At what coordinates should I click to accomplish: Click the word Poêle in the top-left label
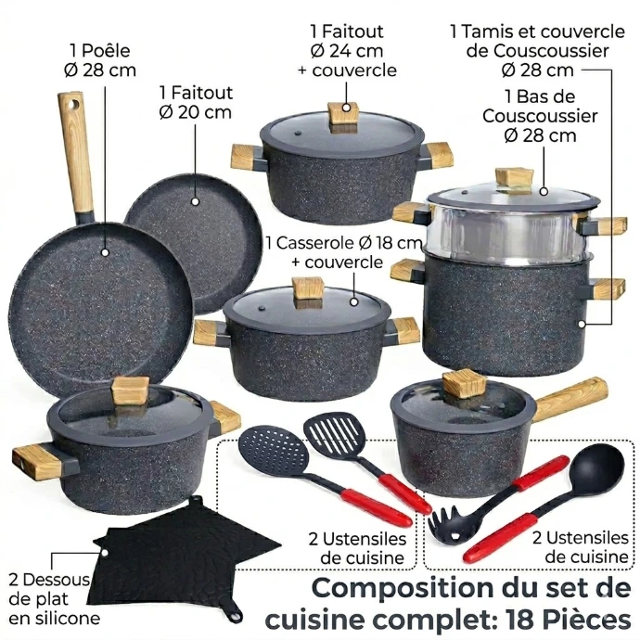pos(106,51)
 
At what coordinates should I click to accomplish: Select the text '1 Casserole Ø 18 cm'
pos(343,243)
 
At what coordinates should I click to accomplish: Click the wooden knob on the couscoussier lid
pos(514,178)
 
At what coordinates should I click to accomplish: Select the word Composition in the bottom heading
pos(401,589)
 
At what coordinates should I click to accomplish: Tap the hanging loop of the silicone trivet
pos(236,615)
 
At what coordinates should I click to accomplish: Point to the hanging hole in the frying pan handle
pos(74,104)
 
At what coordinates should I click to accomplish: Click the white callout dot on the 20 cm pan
pos(195,201)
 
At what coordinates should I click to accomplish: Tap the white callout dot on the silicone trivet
pos(104,554)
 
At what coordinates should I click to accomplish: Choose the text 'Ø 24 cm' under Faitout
pos(347,51)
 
